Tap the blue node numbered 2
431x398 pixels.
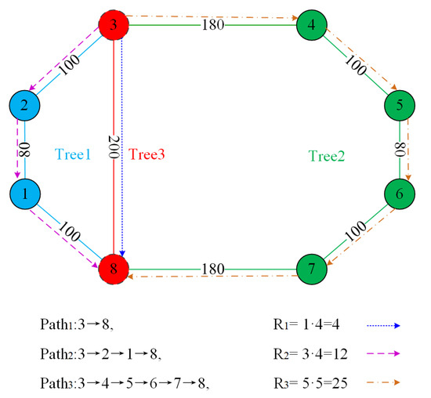pyautogui.click(x=25, y=106)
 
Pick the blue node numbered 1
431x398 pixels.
pyautogui.click(x=25, y=192)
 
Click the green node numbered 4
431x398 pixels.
pyautogui.click(x=313, y=26)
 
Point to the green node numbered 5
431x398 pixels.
pyautogui.click(x=400, y=106)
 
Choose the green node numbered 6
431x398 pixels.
pyautogui.click(x=400, y=192)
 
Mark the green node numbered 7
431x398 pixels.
pyautogui.click(x=313, y=267)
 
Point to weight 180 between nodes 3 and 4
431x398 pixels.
pyautogui.click(x=212, y=26)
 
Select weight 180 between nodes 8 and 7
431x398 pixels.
pyautogui.click(x=212, y=268)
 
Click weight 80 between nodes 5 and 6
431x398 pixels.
pyautogui.click(x=401, y=149)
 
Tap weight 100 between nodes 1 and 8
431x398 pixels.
pyautogui.click(x=68, y=231)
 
